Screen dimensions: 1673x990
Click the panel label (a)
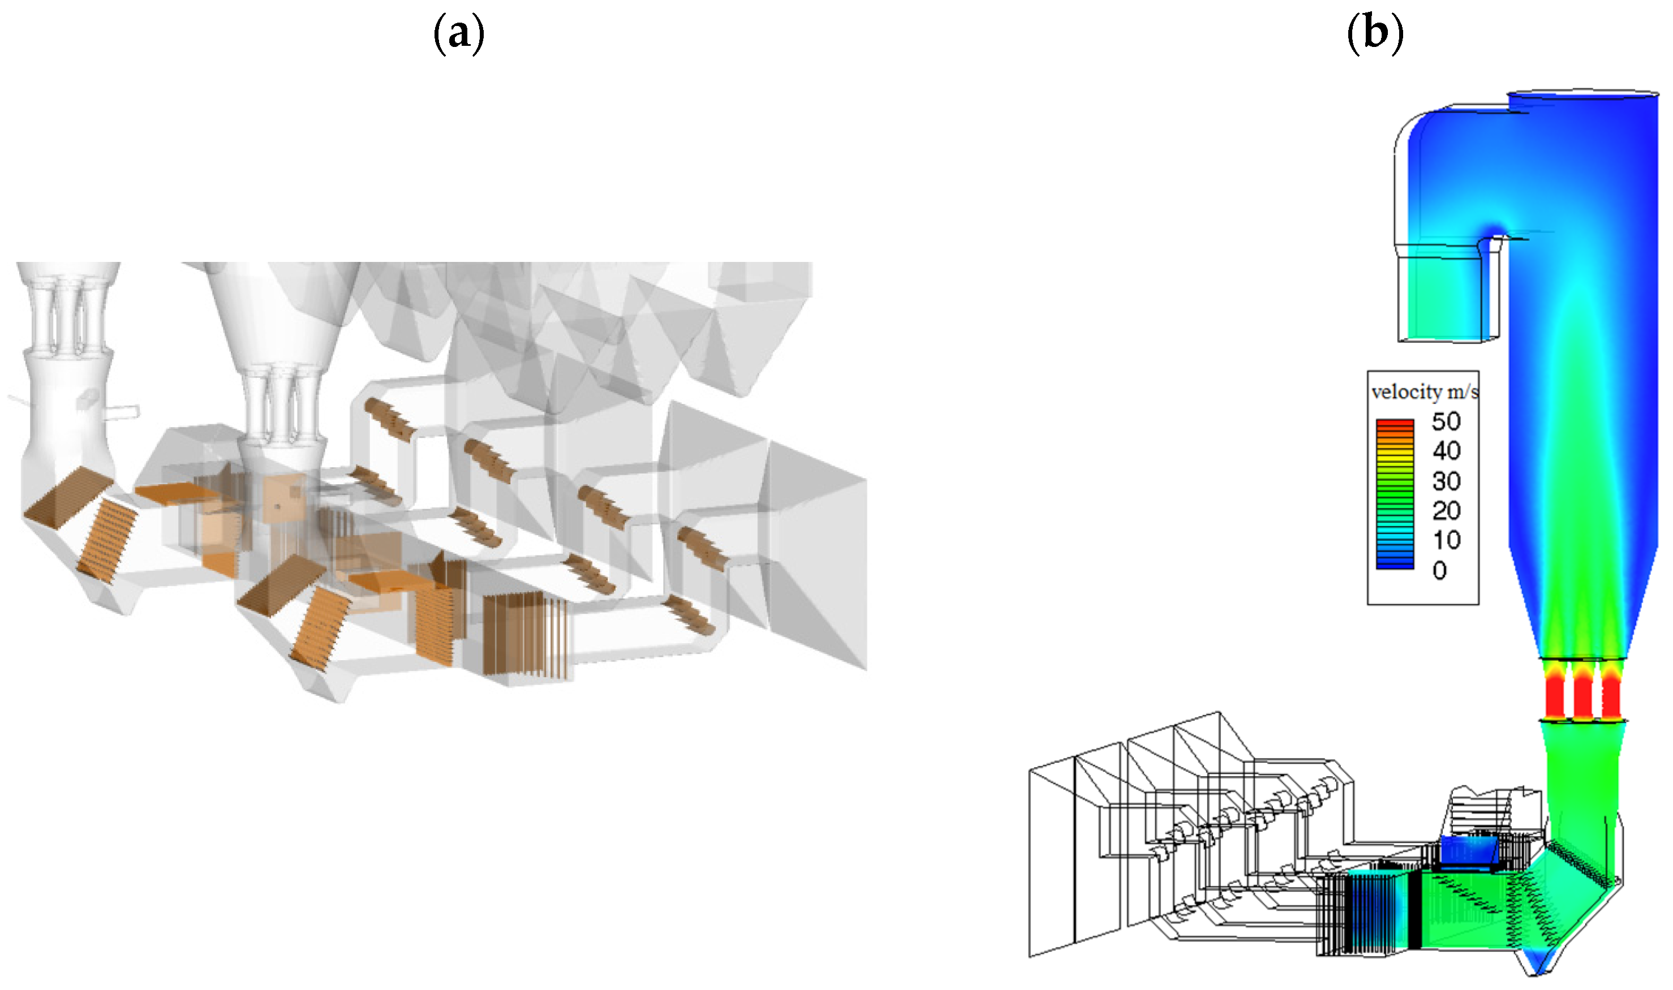[x=459, y=33]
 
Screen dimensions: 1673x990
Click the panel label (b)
[x=1375, y=33]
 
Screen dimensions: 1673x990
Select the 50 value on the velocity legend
[x=1446, y=421]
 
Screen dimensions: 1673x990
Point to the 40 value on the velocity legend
[x=1446, y=451]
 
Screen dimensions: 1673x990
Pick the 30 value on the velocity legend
[x=1446, y=481]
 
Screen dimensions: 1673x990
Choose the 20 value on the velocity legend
[x=1446, y=510]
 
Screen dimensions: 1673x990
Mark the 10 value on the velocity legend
[x=1446, y=540]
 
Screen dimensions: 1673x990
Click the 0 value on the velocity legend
[x=1439, y=570]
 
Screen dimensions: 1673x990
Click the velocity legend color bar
[x=1395, y=494]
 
